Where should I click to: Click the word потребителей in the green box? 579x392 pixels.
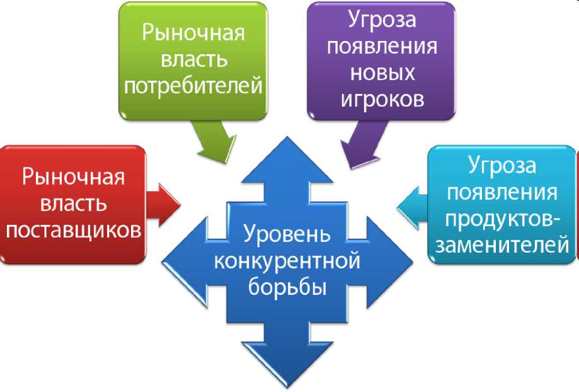point(193,86)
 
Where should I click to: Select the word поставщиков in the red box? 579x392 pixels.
point(73,231)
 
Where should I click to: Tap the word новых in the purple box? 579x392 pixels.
point(382,73)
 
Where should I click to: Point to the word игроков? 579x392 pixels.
point(382,100)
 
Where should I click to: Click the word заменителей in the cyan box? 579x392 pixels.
point(502,245)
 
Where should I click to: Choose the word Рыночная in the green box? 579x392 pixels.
point(193,33)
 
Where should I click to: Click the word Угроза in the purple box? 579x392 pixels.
point(382,20)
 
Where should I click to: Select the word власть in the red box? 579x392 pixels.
point(73,204)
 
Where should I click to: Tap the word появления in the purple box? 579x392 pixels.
point(382,47)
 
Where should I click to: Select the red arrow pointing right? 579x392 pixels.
point(164,204)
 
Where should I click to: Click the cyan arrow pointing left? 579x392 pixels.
point(412,205)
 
